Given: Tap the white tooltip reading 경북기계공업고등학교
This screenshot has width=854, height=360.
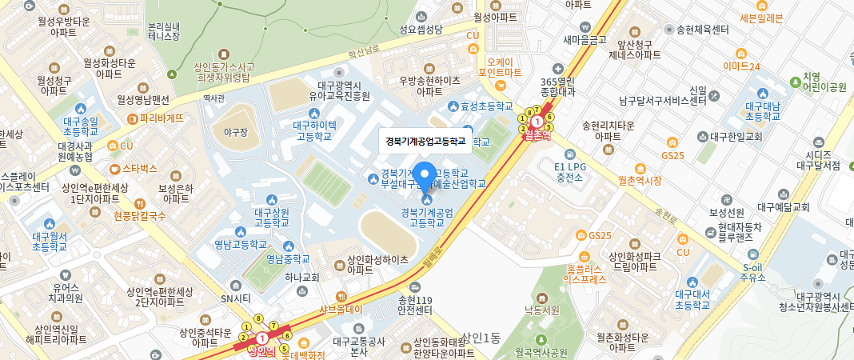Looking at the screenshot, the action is coord(425,141).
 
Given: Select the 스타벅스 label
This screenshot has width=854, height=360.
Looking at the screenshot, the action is coord(140,168).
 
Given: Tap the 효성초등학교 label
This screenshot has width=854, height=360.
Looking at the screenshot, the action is coord(485,106).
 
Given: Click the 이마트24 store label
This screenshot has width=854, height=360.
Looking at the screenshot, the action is coord(740,66).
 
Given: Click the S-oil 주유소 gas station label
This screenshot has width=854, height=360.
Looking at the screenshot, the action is coord(753,272).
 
